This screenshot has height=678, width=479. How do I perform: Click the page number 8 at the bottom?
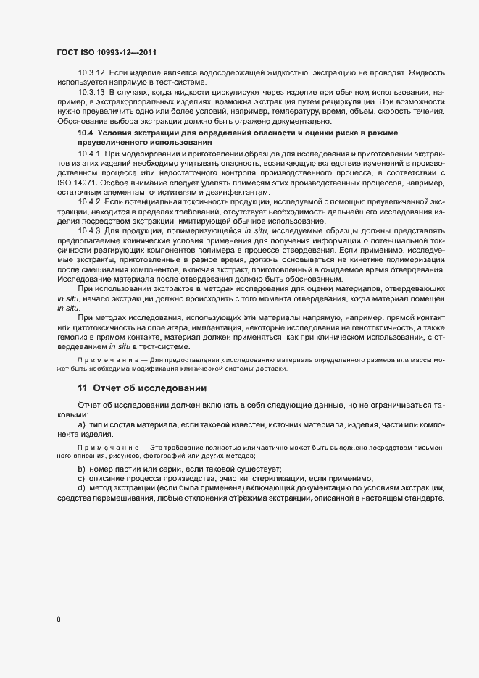pyautogui.click(x=59, y=619)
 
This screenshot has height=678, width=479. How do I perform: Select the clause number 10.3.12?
pyautogui.click(x=91, y=74)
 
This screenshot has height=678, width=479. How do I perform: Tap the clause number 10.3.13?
pyautogui.click(x=91, y=94)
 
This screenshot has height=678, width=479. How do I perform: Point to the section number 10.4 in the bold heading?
pyautogui.click(x=86, y=134)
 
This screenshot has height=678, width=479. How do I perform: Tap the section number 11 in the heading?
pyautogui.click(x=83, y=388)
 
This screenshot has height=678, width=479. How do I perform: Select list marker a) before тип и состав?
pyautogui.click(x=82, y=424)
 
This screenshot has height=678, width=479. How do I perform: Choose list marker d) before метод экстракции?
pyautogui.click(x=82, y=491)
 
